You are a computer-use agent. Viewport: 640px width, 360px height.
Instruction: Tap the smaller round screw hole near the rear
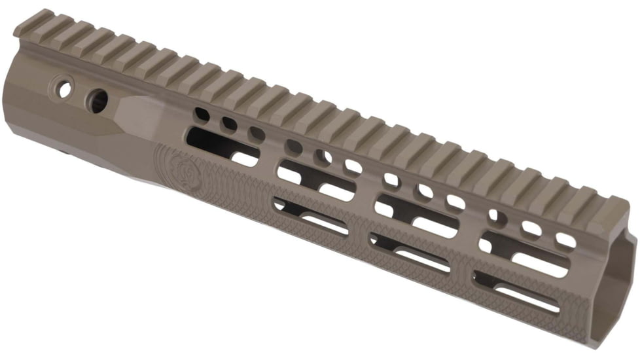[x=65, y=89]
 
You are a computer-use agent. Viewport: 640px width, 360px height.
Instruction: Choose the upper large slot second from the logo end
[x=317, y=181]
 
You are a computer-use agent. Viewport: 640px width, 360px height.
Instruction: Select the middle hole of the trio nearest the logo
[x=229, y=124]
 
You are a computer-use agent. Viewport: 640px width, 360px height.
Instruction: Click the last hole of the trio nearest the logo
[x=257, y=134]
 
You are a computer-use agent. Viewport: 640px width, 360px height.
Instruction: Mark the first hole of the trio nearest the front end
[x=498, y=215]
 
